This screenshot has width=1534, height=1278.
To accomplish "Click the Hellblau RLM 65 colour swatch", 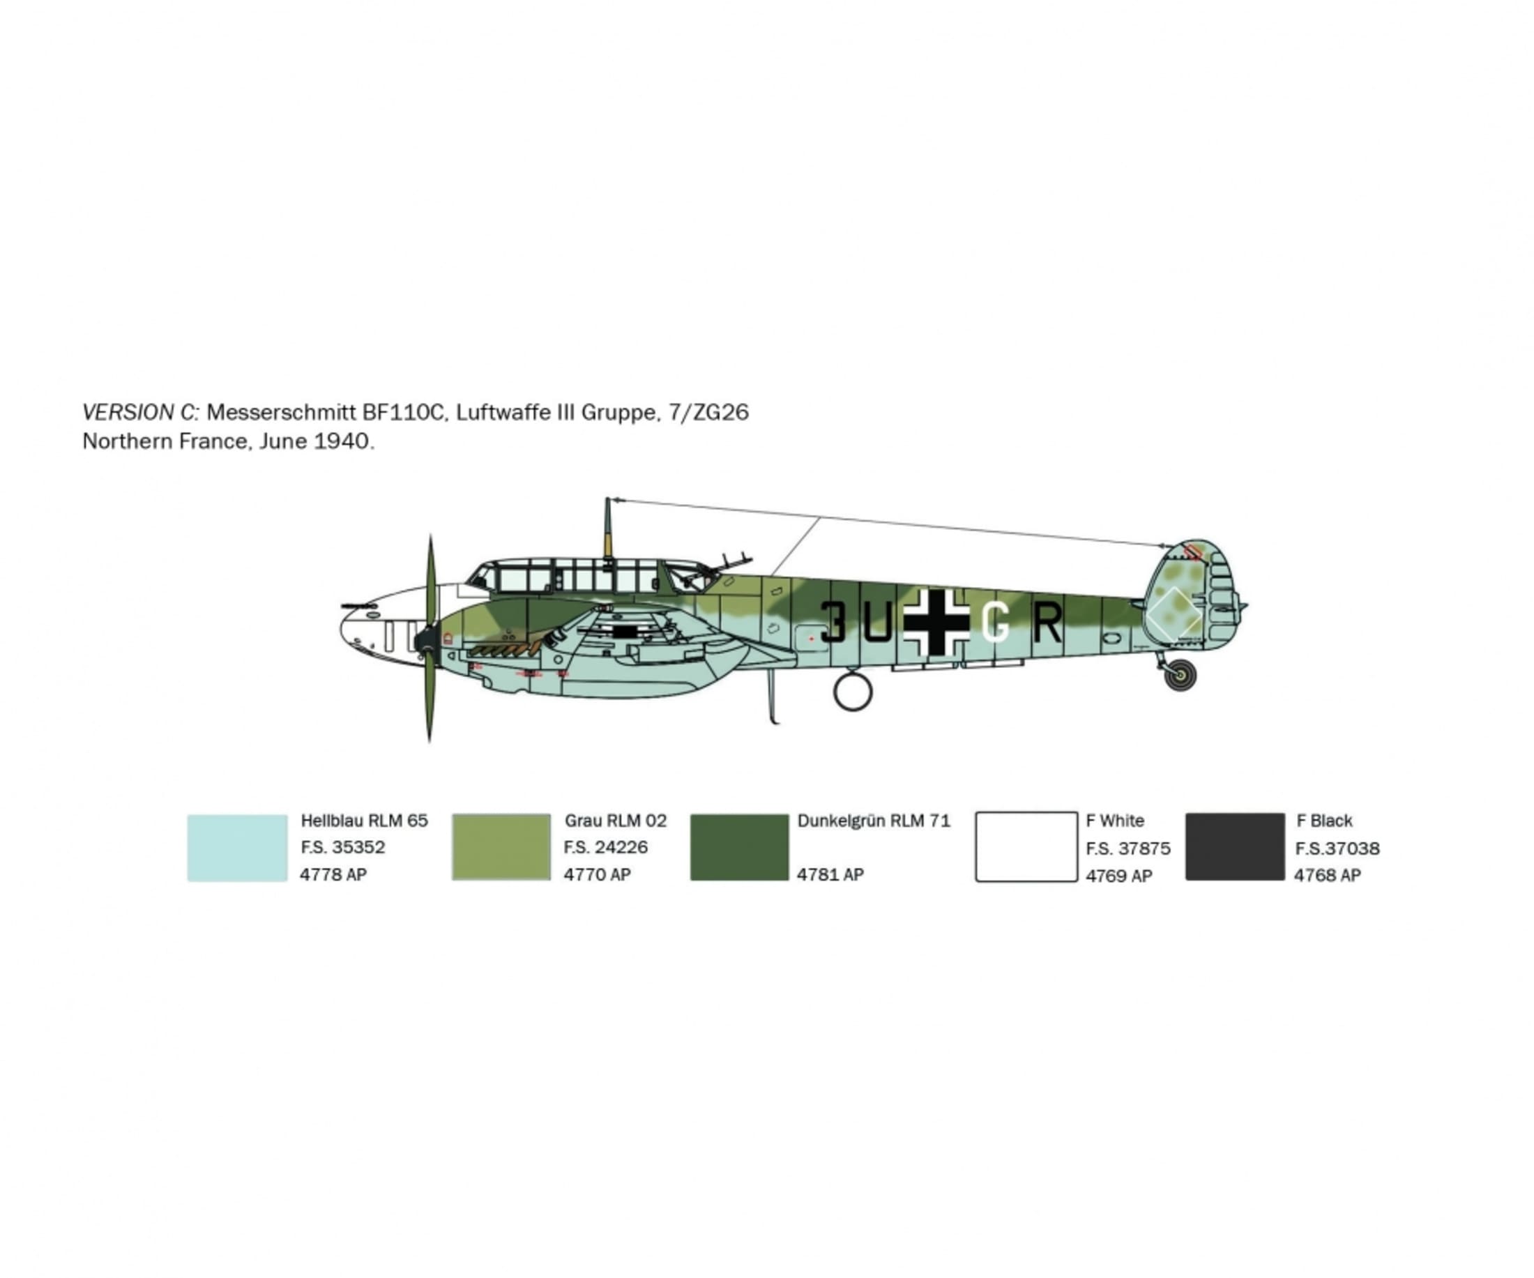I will (236, 848).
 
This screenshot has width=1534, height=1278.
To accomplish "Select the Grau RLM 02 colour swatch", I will (501, 847).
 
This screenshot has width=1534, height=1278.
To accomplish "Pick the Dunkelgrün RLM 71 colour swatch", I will (739, 847).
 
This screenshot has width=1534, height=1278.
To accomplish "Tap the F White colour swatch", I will (1026, 847).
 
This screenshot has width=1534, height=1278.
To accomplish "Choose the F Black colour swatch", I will (1234, 847).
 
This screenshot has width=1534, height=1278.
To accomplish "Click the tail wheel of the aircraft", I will (1180, 675).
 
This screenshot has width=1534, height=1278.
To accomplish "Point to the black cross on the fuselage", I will (936, 622).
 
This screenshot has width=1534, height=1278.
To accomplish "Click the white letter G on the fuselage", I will (995, 623).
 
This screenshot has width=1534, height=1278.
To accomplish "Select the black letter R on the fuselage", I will (1048, 622).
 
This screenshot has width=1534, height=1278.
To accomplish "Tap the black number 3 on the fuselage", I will (833, 622).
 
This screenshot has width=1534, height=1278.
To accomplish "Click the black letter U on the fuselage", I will (876, 623).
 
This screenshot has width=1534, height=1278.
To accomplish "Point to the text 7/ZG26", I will (708, 413).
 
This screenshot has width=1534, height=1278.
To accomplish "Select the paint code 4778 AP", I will (333, 874).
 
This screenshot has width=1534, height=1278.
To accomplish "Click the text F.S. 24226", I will (605, 847).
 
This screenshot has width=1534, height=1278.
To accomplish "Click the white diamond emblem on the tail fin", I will (1173, 616).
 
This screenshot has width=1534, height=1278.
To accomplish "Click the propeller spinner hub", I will (425, 640).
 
